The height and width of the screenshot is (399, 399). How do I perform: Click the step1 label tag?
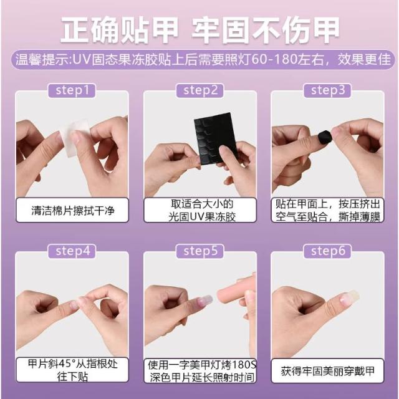coord(72,90)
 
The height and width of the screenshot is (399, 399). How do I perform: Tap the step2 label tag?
coord(200,90)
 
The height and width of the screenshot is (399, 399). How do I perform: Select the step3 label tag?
coord(327,90)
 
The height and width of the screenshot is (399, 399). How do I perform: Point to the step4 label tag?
coord(72,251)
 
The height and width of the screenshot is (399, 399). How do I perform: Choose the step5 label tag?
coord(200,251)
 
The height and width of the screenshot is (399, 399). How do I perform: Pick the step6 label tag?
coord(327,251)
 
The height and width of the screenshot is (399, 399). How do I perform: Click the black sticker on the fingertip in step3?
coord(325,137)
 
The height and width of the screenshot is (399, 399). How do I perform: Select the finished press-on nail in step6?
coord(350,297)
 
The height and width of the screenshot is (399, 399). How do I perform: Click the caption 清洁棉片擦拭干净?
coord(72,211)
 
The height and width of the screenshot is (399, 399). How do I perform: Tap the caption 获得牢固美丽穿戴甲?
coord(328,371)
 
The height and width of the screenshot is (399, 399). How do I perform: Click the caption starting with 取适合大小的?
coord(201,211)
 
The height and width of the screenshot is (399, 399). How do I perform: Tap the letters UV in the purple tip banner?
coord(82,60)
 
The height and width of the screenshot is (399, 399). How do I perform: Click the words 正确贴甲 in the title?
coord(119,30)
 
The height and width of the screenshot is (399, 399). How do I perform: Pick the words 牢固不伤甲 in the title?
coord(266,30)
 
